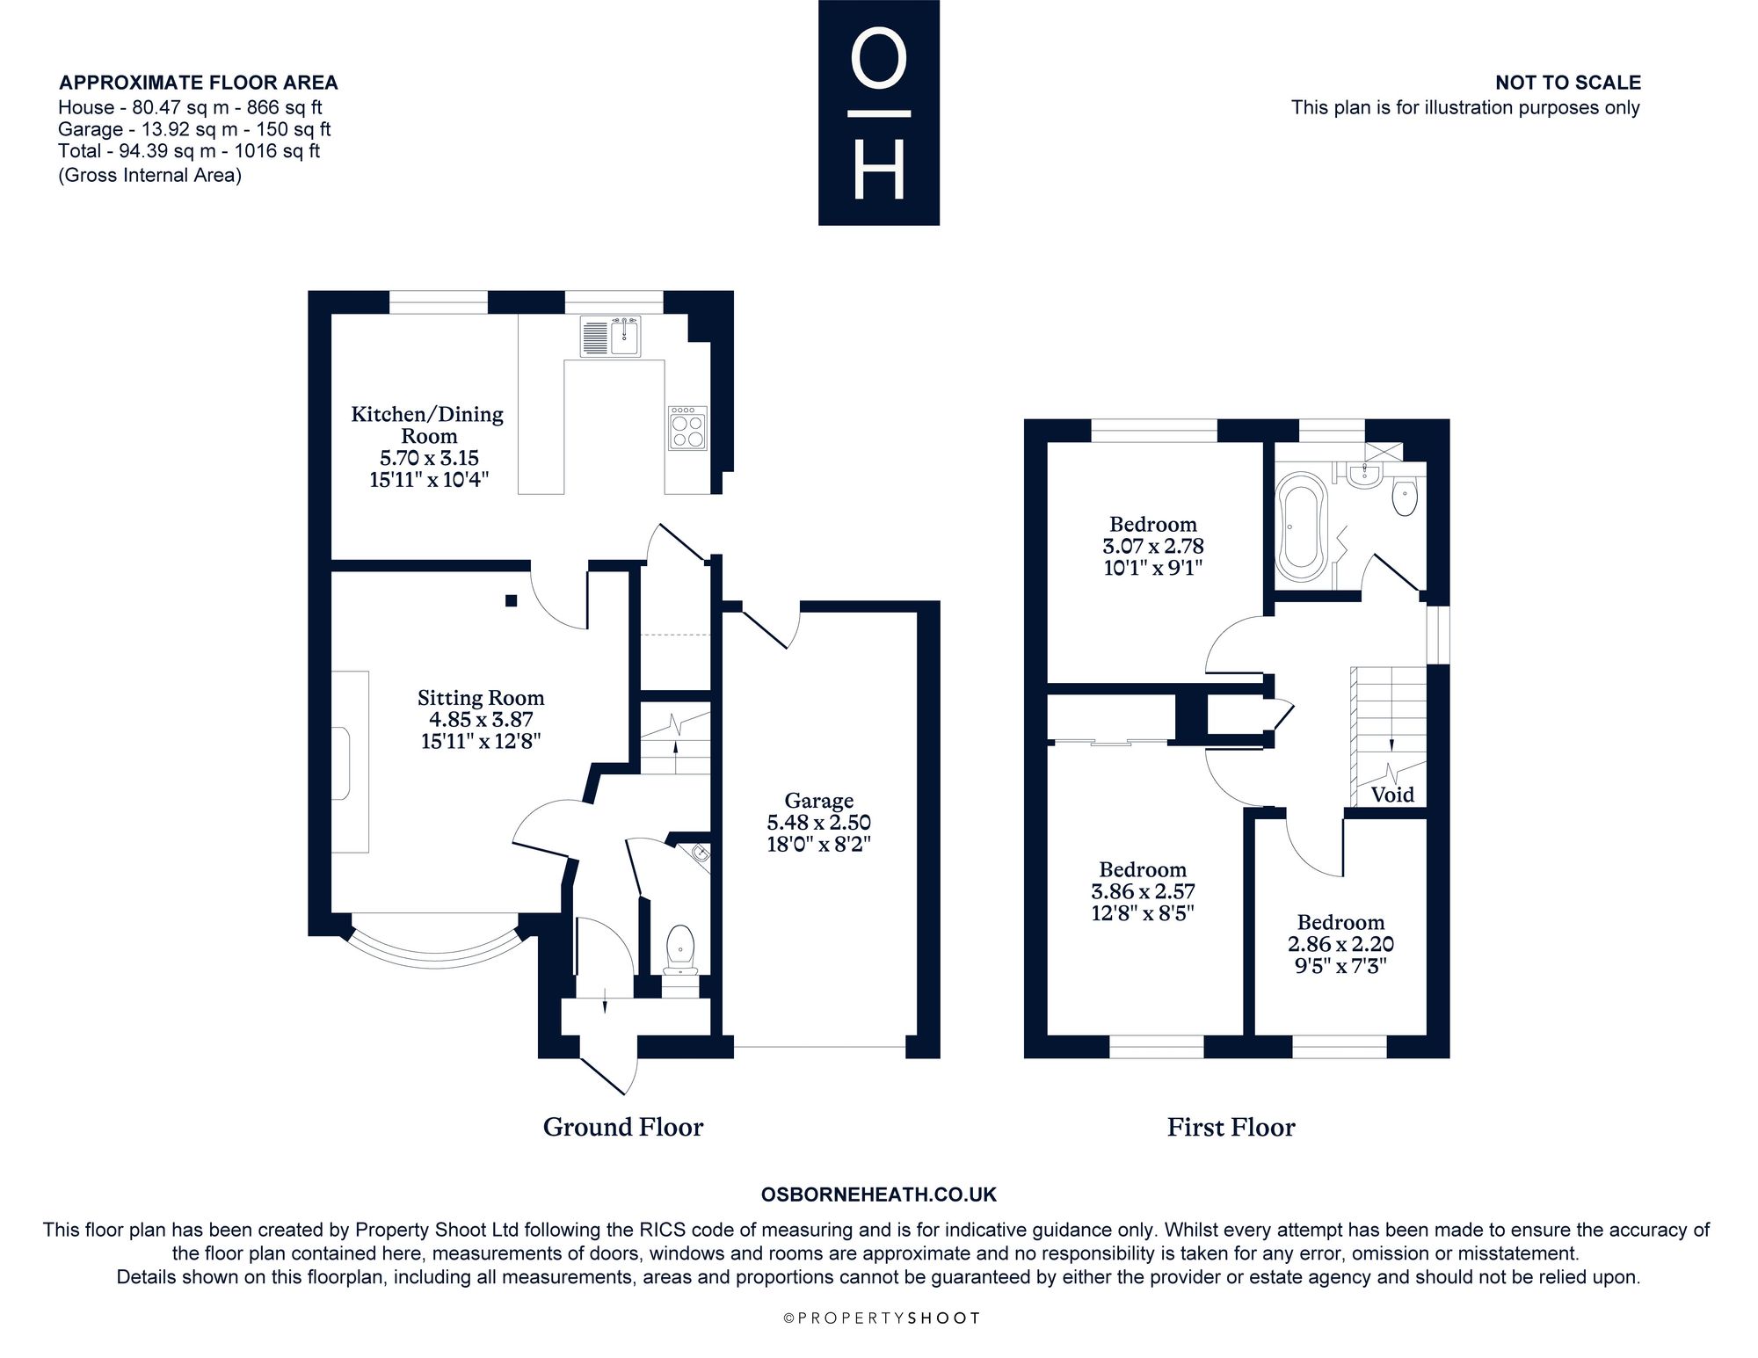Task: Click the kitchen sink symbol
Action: click(x=611, y=337)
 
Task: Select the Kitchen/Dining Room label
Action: click(x=427, y=425)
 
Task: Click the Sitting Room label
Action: click(x=481, y=698)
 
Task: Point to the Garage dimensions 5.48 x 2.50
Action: click(x=819, y=823)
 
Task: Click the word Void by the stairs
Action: click(x=1392, y=795)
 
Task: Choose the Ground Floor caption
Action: click(x=623, y=1127)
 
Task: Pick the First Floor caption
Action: click(x=1231, y=1127)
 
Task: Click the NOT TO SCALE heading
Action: click(x=1568, y=83)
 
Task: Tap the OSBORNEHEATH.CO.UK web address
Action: click(x=878, y=1195)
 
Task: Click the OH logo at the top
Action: click(x=879, y=113)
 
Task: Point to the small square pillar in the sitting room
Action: click(x=511, y=600)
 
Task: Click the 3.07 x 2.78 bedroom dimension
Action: click(x=1153, y=546)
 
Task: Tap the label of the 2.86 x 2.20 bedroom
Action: click(x=1340, y=922)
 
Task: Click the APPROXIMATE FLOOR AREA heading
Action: click(x=198, y=83)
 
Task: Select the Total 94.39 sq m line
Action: click(x=189, y=151)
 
